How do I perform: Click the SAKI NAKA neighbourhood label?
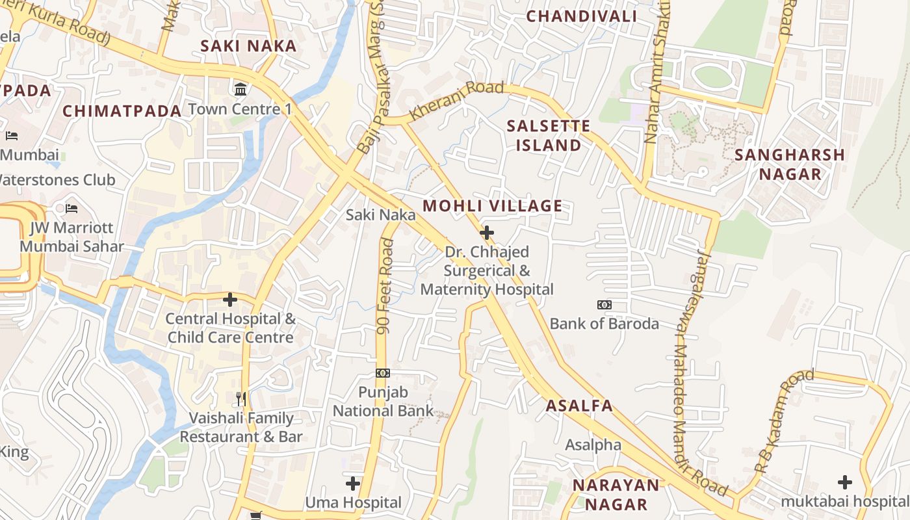[x=248, y=46]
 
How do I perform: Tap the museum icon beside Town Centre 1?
[x=241, y=88]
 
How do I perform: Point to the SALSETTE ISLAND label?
[x=548, y=135]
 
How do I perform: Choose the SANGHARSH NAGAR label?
[x=789, y=164]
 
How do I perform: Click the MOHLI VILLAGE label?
[x=492, y=206]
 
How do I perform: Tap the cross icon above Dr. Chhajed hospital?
[x=486, y=232]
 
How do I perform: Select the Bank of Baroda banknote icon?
[x=604, y=305]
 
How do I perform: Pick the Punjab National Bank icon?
[x=383, y=373]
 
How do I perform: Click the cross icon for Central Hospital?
[x=229, y=300]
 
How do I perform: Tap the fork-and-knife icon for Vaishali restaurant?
[x=241, y=398]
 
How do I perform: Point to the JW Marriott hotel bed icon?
[x=71, y=209]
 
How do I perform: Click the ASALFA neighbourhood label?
[x=578, y=406]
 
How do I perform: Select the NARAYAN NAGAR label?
[x=616, y=495]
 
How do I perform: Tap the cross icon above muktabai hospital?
[x=844, y=482]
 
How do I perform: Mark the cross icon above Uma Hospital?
[x=353, y=484]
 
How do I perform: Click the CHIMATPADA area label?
[x=122, y=111]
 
